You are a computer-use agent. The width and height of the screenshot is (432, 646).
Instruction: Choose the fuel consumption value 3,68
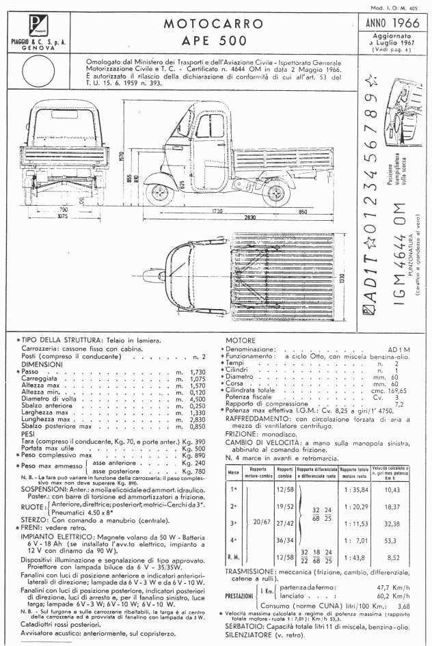pyautogui.click(x=404, y=606)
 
